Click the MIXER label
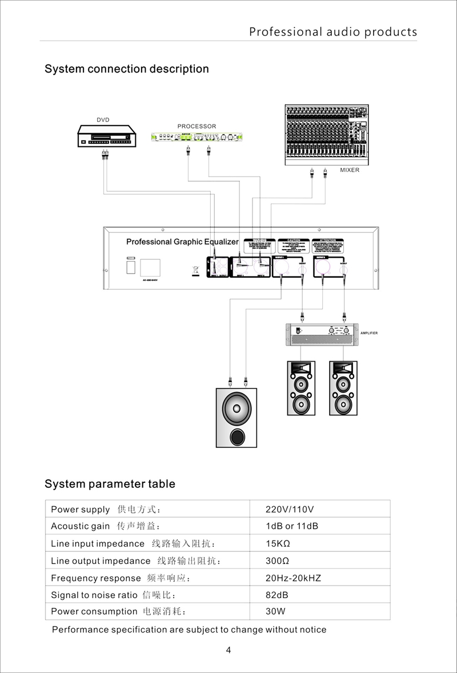350,170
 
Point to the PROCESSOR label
197,126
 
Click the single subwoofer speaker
236,418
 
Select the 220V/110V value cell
291,509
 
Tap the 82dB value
277,595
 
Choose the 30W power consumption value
275,611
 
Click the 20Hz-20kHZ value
294,578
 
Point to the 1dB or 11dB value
292,526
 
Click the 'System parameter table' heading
110,484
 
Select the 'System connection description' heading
127,69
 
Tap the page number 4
228,650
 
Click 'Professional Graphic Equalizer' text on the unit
182,242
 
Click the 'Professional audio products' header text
333,32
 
